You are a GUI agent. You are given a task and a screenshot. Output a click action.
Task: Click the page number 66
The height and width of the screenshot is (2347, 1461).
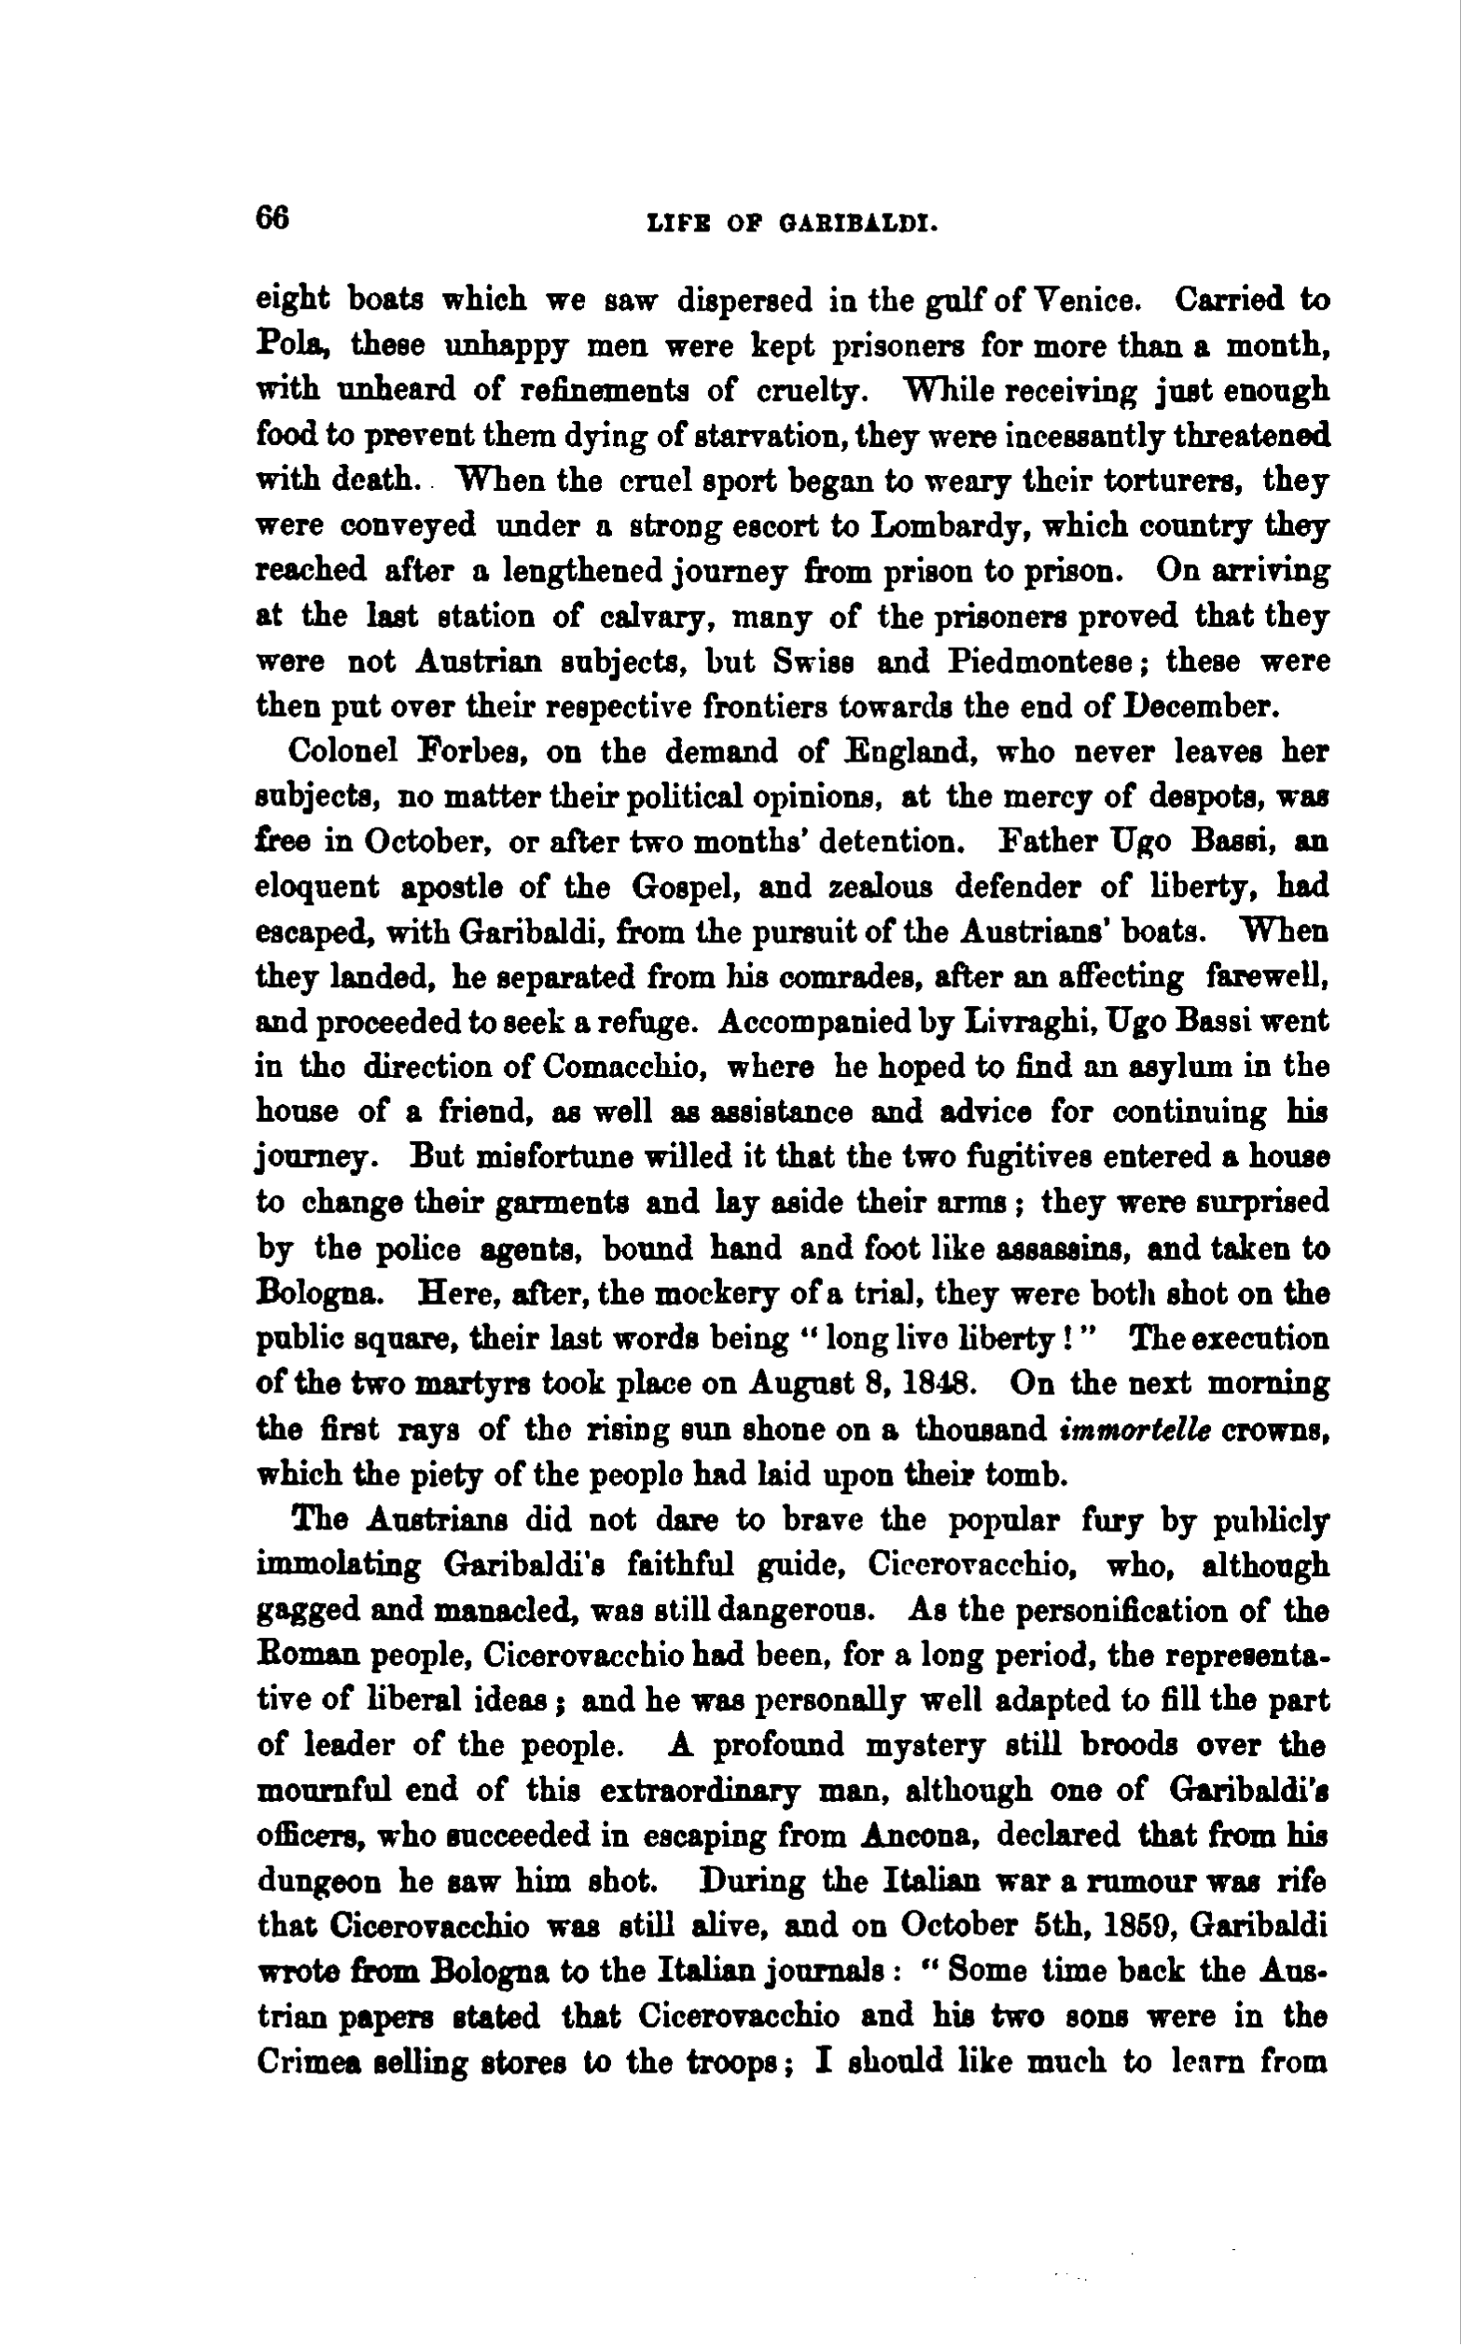coord(272,218)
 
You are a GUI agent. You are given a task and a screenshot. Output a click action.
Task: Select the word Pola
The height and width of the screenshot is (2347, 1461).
coord(295,345)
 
